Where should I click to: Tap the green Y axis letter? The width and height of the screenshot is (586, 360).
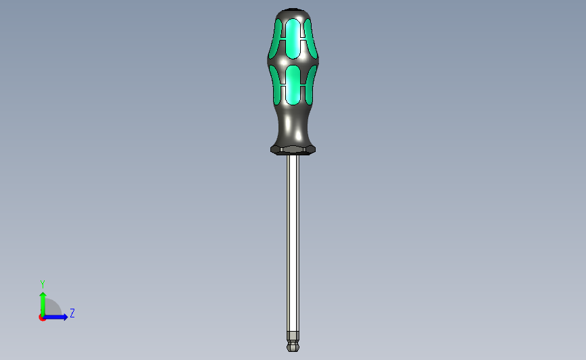pyautogui.click(x=42, y=284)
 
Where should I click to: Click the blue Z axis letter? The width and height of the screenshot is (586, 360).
pyautogui.click(x=72, y=313)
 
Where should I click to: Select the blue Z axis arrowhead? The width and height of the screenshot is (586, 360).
pyautogui.click(x=65, y=317)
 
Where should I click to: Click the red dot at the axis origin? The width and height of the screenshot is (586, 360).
pyautogui.click(x=42, y=317)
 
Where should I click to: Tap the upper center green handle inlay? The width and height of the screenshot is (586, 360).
pyautogui.click(x=293, y=38)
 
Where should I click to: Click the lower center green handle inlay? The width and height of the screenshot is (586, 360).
pyautogui.click(x=293, y=85)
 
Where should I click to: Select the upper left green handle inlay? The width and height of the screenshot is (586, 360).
pyautogui.click(x=276, y=38)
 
